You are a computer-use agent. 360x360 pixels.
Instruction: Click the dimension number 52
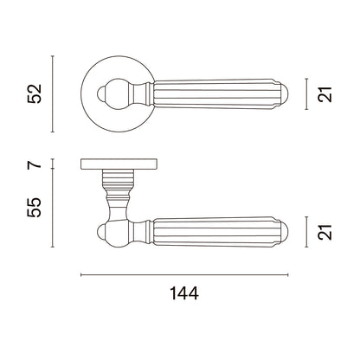pos(35,93)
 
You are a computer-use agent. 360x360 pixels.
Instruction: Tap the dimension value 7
pos(35,164)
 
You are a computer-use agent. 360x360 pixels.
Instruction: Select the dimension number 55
pos(35,207)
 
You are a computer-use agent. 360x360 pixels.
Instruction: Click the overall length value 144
pos(184,293)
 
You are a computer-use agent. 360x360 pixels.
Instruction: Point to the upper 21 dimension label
pos(325,94)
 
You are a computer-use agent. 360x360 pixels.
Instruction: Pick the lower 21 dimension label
pos(325,232)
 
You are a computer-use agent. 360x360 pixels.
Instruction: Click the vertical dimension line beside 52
pos(52,93)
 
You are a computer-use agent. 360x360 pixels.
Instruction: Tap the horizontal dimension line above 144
pos(184,275)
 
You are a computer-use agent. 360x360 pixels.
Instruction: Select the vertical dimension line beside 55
pos(52,208)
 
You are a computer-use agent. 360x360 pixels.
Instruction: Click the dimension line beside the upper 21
pos(306,94)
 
